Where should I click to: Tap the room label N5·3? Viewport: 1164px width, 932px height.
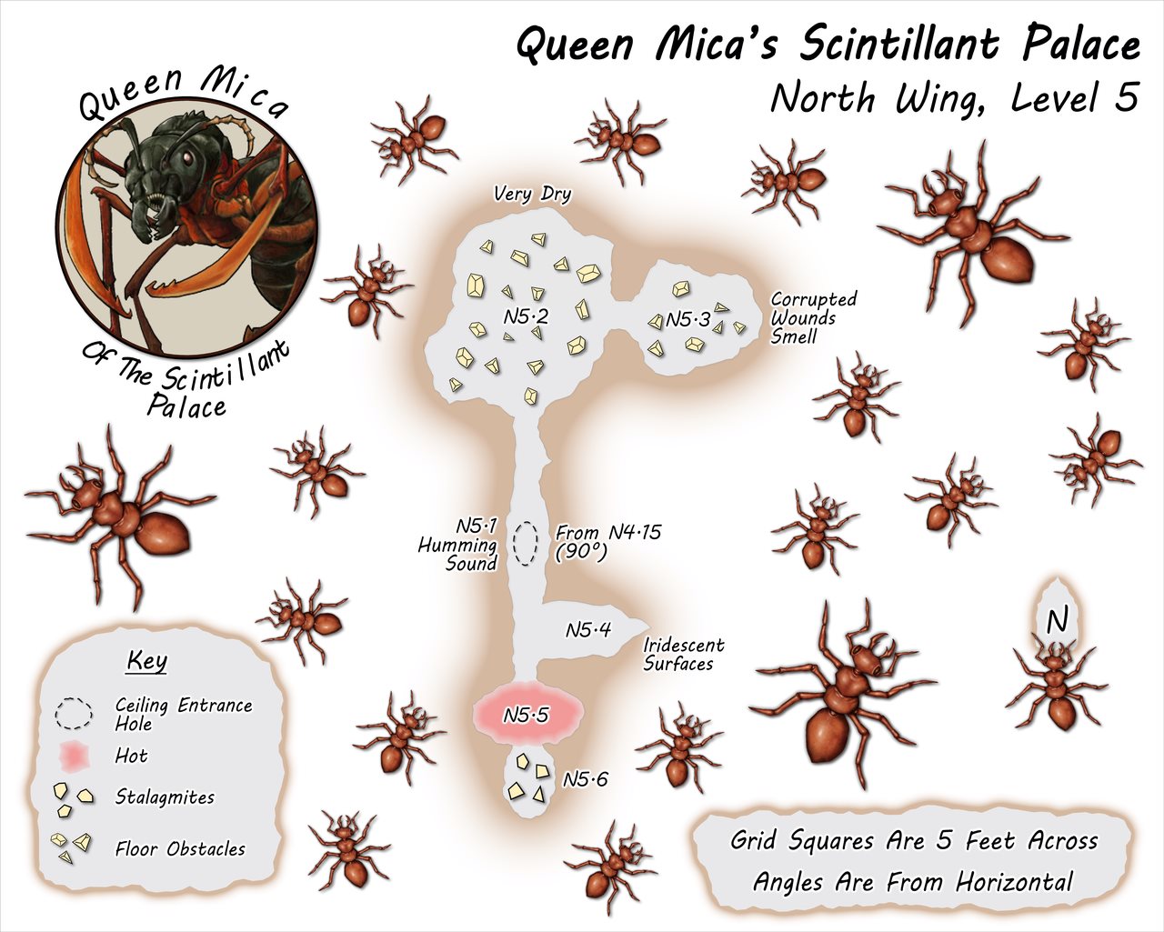[688, 319]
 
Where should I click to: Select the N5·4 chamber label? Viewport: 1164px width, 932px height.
[588, 630]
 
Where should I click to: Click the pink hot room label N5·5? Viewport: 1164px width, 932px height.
[526, 715]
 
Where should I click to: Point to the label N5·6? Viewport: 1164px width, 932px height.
[585, 779]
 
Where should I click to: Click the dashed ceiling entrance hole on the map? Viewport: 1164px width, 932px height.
[525, 544]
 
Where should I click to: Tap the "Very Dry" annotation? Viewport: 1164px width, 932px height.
[532, 194]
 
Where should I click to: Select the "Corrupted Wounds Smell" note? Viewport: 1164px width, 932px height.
[813, 317]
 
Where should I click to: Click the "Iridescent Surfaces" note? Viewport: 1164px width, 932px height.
[684, 654]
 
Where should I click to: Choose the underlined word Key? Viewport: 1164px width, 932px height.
[147, 660]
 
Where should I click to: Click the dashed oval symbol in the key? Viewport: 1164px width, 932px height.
[74, 715]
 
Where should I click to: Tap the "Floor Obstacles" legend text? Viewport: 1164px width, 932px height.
[180, 849]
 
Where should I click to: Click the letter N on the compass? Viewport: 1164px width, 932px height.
[1056, 621]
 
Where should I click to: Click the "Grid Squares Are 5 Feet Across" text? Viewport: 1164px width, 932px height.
[914, 840]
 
